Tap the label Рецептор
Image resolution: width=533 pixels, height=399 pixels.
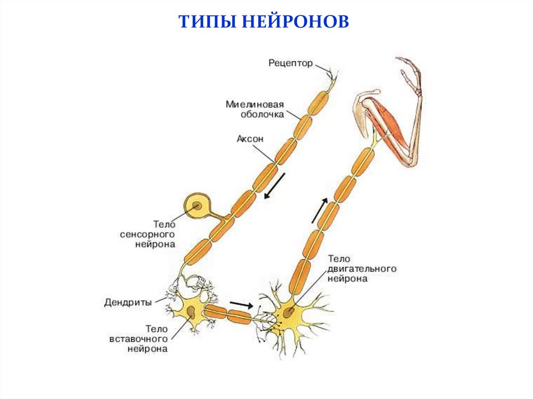pos(290,63)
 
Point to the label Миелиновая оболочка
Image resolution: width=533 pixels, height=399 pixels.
pos(255,109)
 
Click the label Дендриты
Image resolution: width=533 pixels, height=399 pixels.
pos(128,302)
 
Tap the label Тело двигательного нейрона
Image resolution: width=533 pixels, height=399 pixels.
pos(361,268)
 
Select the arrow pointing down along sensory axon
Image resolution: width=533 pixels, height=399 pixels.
pos(275,186)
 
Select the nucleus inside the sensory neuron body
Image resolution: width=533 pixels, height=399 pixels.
pos(198,207)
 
